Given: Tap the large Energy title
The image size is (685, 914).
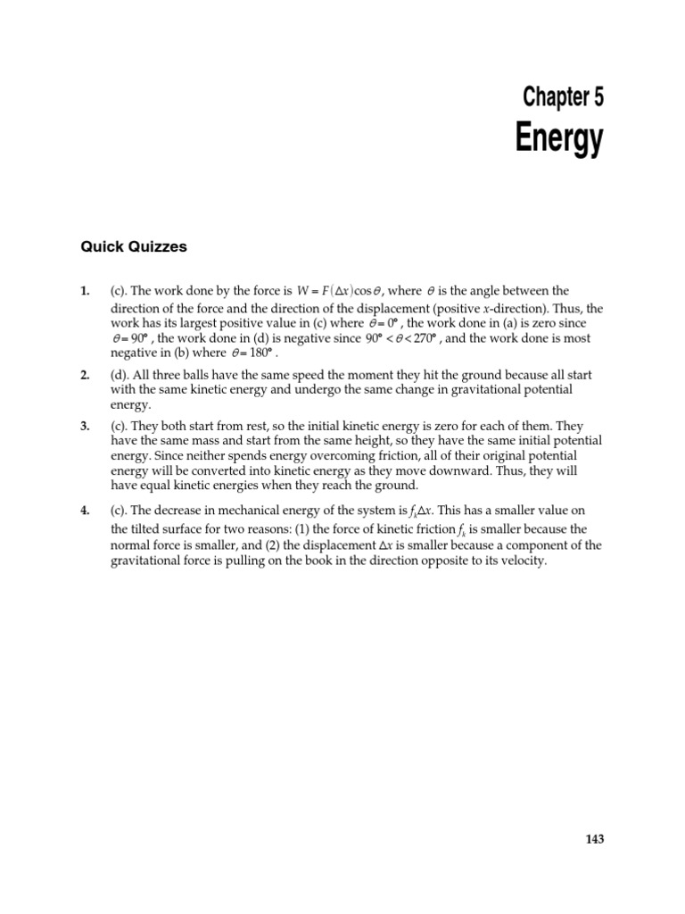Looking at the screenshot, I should (559, 140).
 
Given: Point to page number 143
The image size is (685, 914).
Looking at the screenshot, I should (595, 839).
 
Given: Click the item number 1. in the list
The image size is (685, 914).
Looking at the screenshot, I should (85, 291).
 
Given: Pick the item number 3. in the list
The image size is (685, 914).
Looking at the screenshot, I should (85, 427).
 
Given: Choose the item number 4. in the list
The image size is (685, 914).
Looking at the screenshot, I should (85, 511).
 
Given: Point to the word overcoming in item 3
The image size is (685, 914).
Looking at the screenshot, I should (276, 457).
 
